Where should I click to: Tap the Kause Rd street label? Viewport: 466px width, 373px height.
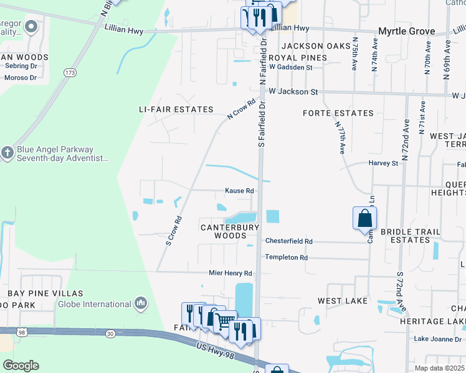[239, 191]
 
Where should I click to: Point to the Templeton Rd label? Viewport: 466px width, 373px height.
[287, 257]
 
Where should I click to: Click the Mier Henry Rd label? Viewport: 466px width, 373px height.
[231, 273]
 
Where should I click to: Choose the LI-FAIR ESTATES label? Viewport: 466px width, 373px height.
[176, 109]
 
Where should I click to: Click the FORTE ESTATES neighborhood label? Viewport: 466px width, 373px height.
[338, 113]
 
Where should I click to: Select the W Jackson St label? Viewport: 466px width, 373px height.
[293, 92]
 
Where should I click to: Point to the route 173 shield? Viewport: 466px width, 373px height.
[70, 73]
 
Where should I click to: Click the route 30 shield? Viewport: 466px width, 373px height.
[110, 334]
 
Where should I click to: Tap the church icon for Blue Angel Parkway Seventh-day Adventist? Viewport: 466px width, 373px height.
[7, 153]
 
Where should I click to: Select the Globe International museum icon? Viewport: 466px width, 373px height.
[141, 303]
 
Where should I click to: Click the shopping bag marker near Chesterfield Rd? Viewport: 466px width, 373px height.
[364, 219]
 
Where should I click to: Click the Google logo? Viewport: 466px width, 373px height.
[21, 366]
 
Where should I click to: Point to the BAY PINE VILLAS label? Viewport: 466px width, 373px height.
[45, 293]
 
